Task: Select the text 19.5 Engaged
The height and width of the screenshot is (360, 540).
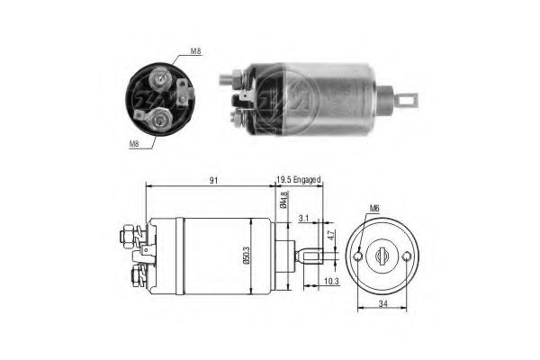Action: [299, 178]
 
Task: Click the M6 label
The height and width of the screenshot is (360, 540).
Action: [374, 213]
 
